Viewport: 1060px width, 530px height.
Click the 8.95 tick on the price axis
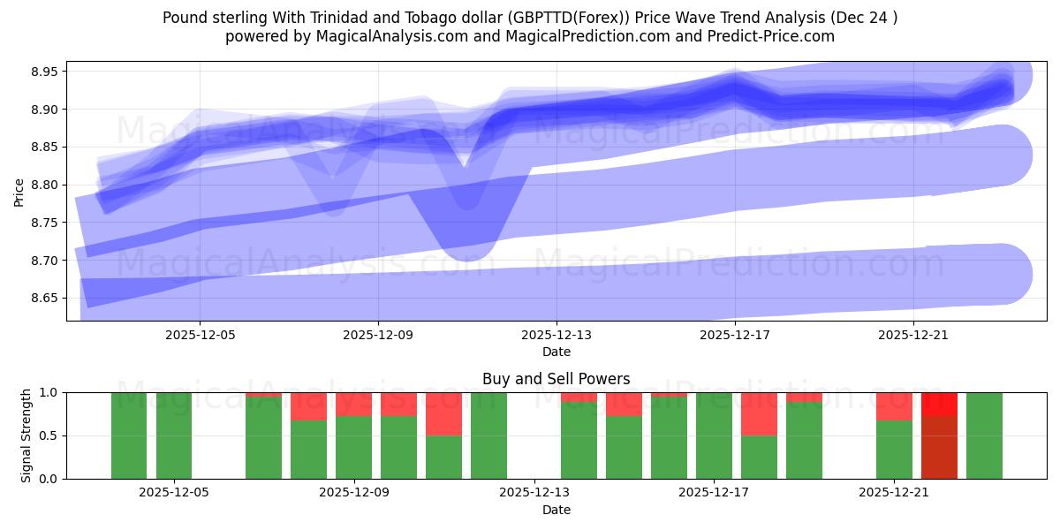point(46,72)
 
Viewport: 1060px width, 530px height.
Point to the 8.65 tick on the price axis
point(46,299)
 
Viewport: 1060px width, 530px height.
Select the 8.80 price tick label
point(46,185)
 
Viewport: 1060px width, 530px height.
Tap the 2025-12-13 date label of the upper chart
point(556,336)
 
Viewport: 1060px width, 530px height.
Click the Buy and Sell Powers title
point(556,379)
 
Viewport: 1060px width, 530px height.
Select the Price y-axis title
point(19,191)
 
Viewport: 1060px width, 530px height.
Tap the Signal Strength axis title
point(26,435)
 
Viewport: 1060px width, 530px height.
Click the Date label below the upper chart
point(556,352)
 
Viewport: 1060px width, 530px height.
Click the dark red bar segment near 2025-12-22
point(939,447)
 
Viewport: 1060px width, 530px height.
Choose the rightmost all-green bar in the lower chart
point(984,435)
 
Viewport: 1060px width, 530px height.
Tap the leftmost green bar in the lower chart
point(129,435)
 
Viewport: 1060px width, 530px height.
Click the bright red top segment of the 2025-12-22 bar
point(939,404)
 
